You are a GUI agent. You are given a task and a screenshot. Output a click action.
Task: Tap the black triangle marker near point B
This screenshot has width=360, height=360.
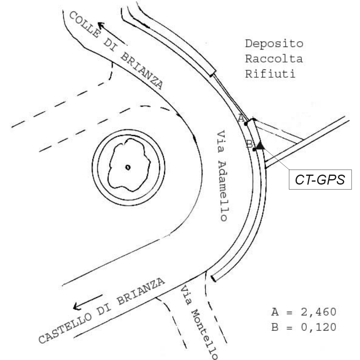pyautogui.click(x=259, y=145)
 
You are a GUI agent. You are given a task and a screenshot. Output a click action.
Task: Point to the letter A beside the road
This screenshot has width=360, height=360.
pyautogui.click(x=241, y=118)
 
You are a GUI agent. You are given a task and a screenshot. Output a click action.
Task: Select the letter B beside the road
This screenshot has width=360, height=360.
pyautogui.click(x=249, y=143)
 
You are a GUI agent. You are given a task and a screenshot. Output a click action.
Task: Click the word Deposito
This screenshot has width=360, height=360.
pyautogui.click(x=274, y=43)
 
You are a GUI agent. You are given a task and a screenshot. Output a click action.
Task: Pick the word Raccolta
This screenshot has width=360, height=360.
pyautogui.click(x=274, y=59)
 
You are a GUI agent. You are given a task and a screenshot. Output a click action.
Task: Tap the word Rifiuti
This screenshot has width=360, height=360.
pyautogui.click(x=270, y=74)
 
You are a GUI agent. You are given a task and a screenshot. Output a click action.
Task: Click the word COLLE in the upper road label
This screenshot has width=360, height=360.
pyautogui.click(x=85, y=25)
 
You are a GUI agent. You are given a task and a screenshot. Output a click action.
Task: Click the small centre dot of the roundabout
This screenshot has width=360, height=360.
pyautogui.click(x=128, y=167)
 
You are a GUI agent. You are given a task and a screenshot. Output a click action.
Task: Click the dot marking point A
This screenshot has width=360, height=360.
pyautogui.click(x=246, y=123)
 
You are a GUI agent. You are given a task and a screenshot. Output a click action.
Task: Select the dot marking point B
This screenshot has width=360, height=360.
pyautogui.click(x=254, y=149)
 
